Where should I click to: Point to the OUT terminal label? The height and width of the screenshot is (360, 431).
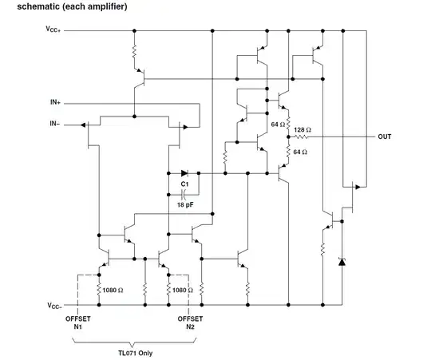point(385,136)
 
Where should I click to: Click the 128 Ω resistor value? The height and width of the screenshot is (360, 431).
point(302,130)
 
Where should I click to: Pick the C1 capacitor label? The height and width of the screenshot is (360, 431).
point(184,184)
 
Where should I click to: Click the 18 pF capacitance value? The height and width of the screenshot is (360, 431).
point(184,204)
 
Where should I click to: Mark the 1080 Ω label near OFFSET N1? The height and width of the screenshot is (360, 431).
point(115,290)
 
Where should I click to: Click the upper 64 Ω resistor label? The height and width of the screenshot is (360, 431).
point(278,125)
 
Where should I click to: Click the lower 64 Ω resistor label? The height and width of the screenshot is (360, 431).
point(302,152)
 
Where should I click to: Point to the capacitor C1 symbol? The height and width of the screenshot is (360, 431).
point(184,194)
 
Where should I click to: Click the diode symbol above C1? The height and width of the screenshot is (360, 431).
point(184,172)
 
